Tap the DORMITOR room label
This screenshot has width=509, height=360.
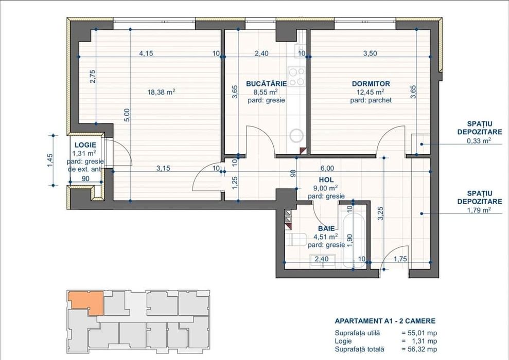point(371,83)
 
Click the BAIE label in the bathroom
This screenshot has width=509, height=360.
point(326,228)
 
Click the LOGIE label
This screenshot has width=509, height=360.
point(85,145)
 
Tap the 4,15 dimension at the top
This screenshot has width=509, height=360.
point(147,53)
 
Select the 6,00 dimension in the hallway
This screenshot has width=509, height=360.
point(327,168)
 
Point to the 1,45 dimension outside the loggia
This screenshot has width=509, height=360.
point(50,160)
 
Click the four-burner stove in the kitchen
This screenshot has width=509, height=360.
point(296,77)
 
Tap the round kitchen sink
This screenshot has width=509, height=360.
point(297,135)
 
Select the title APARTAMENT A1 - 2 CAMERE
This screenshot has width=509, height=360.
point(384,321)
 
